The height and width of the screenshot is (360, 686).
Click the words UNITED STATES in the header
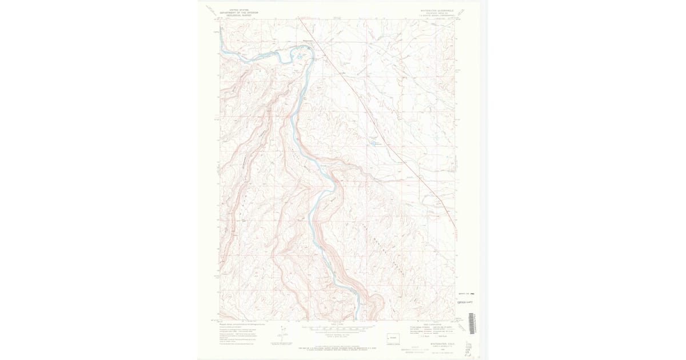pos(239,10)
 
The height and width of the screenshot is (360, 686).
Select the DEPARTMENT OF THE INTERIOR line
pos(239,13)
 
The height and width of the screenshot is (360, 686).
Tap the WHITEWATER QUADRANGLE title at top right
pos(436,10)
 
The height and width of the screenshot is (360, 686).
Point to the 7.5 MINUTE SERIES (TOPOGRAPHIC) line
pos(436,15)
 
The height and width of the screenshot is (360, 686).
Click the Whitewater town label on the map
pos(308,41)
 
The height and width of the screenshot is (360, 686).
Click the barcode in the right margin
pos(471,323)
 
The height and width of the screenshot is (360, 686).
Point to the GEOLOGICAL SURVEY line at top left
pos(239,15)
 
